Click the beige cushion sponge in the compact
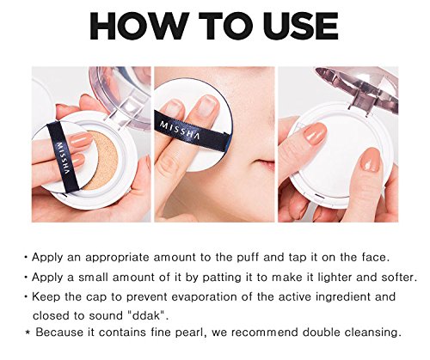click(102, 160)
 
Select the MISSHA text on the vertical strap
click(64, 158)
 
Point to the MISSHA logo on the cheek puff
click(180, 130)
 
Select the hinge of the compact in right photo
click(359, 104)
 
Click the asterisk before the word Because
click(28, 333)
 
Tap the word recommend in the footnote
click(265, 333)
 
